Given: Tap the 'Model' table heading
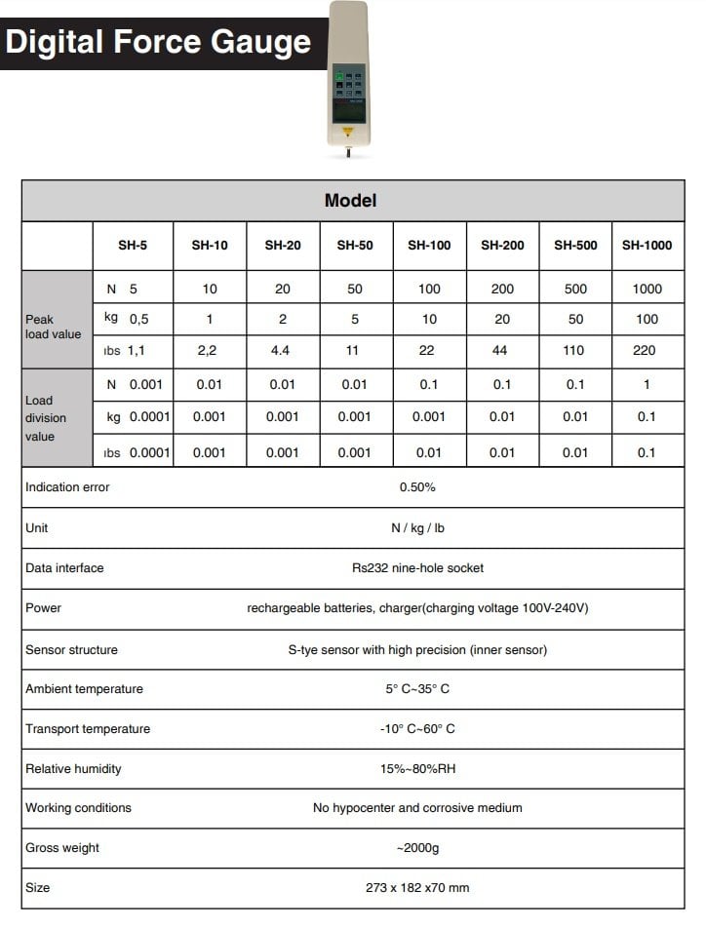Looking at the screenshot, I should tap(350, 201).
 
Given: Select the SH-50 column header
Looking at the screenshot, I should tap(355, 246).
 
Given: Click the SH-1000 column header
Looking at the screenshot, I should tap(647, 246).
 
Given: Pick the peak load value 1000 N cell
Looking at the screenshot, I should tap(647, 289).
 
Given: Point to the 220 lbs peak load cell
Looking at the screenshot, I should tap(645, 350).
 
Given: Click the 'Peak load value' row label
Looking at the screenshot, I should tap(54, 327).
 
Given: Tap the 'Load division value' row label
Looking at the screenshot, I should tap(46, 418).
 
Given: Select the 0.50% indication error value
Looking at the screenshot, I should tap(417, 486).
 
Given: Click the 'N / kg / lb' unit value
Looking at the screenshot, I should tap(417, 527).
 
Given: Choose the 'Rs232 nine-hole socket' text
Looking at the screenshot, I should tap(417, 567).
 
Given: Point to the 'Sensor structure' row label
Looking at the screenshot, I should tap(71, 649).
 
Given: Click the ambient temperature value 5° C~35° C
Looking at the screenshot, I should tap(417, 689).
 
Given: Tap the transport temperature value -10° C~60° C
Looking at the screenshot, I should tap(417, 729).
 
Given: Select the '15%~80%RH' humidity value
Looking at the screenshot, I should tap(417, 769).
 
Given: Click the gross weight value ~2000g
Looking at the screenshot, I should tap(417, 848).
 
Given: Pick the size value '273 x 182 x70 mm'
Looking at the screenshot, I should tap(417, 888).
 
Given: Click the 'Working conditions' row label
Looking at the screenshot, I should tap(78, 808).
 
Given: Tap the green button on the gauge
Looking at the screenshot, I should tap(338, 74).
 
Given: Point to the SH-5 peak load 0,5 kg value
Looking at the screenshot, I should tap(138, 319).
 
